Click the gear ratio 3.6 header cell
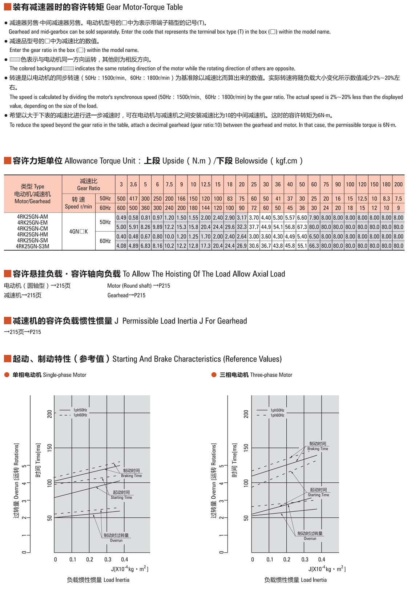[133, 185]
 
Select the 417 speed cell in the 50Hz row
[133, 199]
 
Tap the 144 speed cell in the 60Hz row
[206, 208]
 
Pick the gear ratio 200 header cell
[398, 185]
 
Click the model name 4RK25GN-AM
[32, 217]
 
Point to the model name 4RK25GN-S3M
[32, 246]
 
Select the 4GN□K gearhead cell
[78, 231]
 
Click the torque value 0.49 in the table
[121, 218]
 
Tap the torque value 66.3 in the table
[314, 246]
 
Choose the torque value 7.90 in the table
[314, 218]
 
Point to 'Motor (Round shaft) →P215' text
[138, 286]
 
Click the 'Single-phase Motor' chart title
[64, 375]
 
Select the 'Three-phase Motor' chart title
[271, 375]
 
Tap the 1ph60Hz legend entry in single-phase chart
[80, 415]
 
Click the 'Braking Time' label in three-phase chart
[318, 449]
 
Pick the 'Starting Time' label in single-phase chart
[121, 497]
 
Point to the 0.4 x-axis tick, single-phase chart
[124, 560]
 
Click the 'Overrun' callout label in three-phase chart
[310, 539]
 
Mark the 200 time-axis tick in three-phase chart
[246, 414]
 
